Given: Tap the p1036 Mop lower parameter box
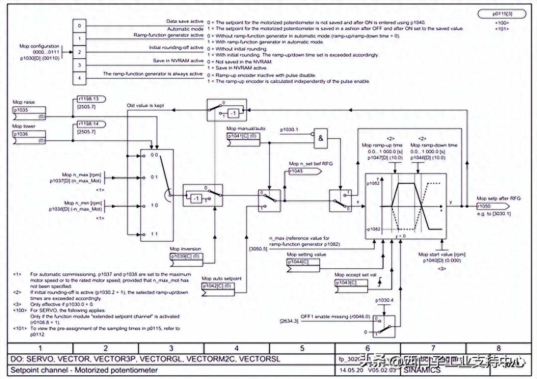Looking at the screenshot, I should (x=29, y=134).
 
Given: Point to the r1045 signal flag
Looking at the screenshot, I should (x=300, y=171).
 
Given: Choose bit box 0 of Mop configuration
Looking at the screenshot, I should (x=79, y=26).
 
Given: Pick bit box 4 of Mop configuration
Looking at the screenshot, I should (x=79, y=77).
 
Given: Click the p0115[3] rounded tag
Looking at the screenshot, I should (x=502, y=14).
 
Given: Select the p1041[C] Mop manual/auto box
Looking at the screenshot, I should (x=243, y=136).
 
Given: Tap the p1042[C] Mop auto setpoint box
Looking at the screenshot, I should (x=218, y=286).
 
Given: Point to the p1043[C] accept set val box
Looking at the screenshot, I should (x=351, y=282).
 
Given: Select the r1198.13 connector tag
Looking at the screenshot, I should (x=91, y=99).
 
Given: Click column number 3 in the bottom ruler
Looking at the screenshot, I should (x=171, y=348).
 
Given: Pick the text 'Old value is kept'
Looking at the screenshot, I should (x=145, y=106).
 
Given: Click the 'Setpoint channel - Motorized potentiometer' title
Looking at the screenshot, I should (x=84, y=370).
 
